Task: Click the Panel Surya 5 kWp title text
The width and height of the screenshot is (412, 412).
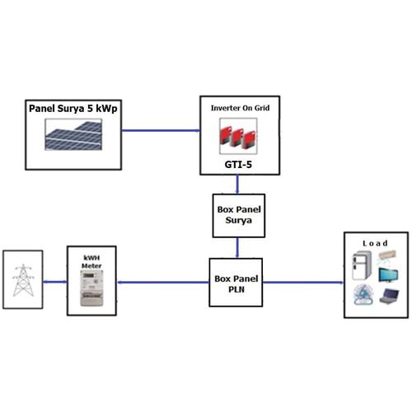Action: coord(73,109)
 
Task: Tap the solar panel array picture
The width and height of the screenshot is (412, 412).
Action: coord(73,134)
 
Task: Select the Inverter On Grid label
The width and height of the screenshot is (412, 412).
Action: coord(240,108)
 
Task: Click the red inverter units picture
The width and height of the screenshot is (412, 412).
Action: coord(238,136)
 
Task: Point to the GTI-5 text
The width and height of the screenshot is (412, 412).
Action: coord(238,164)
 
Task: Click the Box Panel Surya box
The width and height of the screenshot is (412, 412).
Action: coord(239,216)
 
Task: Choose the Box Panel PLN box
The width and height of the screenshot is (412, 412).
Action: coord(236,283)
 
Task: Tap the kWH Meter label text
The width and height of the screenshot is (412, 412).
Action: coord(91,262)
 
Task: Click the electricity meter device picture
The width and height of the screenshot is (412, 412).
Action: coord(91,288)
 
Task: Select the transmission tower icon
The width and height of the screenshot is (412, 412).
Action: coord(23,280)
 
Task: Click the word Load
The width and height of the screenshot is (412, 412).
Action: coord(375,243)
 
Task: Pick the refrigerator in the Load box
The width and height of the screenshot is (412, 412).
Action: coord(362,265)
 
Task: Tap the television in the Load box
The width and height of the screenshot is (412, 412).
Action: coord(388,275)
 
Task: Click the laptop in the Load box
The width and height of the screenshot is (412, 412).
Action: coord(389,296)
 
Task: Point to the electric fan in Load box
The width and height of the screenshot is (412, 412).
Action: coord(363,294)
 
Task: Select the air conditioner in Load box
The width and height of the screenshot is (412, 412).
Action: coord(387,255)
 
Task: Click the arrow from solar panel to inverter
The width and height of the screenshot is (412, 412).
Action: coord(161,130)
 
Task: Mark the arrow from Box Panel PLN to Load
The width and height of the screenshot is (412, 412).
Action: coord(303,283)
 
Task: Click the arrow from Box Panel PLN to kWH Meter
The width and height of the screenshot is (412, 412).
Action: coord(163,283)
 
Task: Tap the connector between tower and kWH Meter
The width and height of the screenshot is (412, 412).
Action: coord(55,282)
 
